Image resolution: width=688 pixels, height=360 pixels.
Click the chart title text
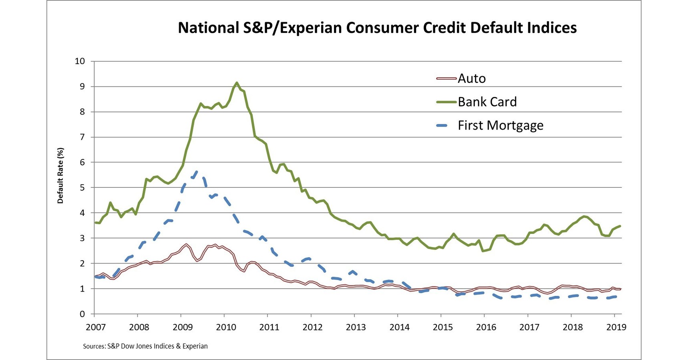point(377,28)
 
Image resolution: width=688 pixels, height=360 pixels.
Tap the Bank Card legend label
point(487,102)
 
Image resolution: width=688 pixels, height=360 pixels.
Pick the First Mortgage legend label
point(500,126)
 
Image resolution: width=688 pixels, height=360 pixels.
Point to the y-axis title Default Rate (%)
point(60,175)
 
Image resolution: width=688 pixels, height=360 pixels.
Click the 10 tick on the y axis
point(80,61)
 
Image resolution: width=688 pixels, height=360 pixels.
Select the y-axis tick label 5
point(82,188)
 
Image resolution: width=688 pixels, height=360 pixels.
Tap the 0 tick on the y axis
point(82,314)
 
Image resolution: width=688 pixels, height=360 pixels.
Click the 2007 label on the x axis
point(96,327)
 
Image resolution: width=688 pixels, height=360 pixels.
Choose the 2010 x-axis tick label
point(226,327)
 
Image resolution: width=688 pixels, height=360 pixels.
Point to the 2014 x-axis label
point(399,327)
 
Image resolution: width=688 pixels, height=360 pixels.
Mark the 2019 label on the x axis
point(616,327)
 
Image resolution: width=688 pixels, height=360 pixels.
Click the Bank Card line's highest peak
point(237,83)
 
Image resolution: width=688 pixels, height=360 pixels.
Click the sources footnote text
point(145,346)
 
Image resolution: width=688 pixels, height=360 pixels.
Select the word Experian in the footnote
point(195,346)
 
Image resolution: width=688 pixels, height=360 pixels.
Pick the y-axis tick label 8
point(82,112)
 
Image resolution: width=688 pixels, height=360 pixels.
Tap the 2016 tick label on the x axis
point(486,327)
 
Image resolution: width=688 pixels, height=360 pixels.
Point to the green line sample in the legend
point(446,102)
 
